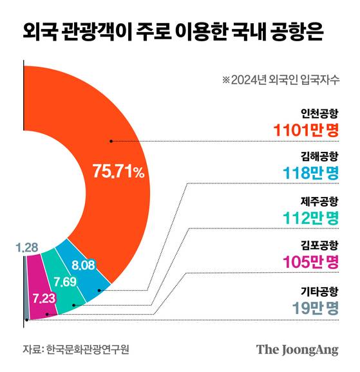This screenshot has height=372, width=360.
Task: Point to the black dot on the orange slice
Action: click(111, 140)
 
